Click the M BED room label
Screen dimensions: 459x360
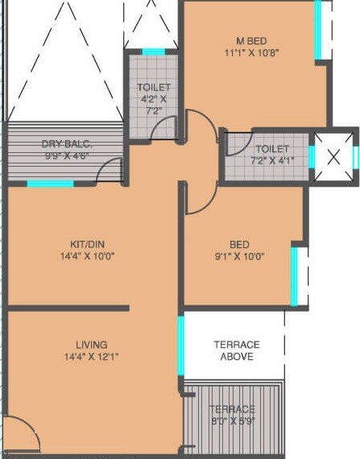[x=251, y=40]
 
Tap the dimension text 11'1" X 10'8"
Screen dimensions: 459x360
[x=251, y=53]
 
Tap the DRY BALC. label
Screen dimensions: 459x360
[x=68, y=144]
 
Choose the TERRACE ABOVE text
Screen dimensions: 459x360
[x=237, y=350]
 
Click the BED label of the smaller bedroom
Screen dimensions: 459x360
[x=238, y=245]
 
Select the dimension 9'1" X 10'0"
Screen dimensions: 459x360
[x=238, y=258]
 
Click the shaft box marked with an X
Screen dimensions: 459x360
[x=333, y=155]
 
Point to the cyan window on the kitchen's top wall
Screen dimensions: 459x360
[x=50, y=184]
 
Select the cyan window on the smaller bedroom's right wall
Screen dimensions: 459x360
[x=295, y=276]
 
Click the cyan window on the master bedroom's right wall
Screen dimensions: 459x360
[x=318, y=30]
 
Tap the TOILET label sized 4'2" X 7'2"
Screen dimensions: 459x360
[x=154, y=87]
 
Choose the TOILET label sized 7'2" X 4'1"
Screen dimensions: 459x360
[x=272, y=149]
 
